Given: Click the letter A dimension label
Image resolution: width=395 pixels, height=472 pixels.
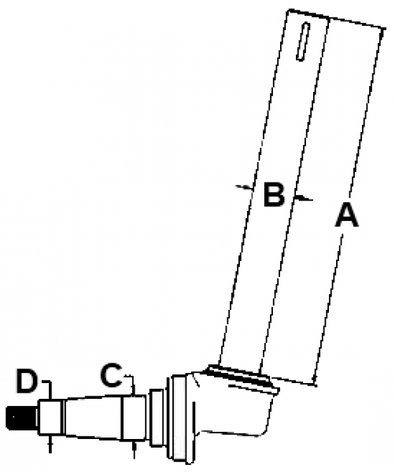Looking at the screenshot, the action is pos(347,215).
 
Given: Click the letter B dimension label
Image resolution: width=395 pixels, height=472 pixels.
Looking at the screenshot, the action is pos(274,194).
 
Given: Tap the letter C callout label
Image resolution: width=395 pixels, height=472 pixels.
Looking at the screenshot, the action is pos(112,374).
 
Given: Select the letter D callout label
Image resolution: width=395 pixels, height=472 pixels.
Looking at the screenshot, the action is pos(27,382).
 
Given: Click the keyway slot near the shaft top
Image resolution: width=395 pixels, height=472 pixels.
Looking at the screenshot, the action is pos(303,41).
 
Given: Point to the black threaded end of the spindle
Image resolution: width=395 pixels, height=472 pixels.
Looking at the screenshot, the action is pos(22,417).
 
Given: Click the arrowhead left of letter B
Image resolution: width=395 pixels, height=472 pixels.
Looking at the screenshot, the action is pos(245,187).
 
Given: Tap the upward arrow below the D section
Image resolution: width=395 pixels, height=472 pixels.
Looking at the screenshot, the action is pos(50,443).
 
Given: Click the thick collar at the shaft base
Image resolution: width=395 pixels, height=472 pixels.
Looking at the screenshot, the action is pos(243,377).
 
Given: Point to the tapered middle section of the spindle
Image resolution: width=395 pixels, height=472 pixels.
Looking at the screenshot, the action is pos(94,417).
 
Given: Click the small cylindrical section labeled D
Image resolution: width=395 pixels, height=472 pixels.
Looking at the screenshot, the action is pos(50,417).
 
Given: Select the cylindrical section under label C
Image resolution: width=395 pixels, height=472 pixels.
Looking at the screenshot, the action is pos(135,418).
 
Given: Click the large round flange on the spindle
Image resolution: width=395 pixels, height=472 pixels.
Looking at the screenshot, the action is pos(179,419).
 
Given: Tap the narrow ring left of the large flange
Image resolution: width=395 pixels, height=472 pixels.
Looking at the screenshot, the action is pos(157,418).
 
